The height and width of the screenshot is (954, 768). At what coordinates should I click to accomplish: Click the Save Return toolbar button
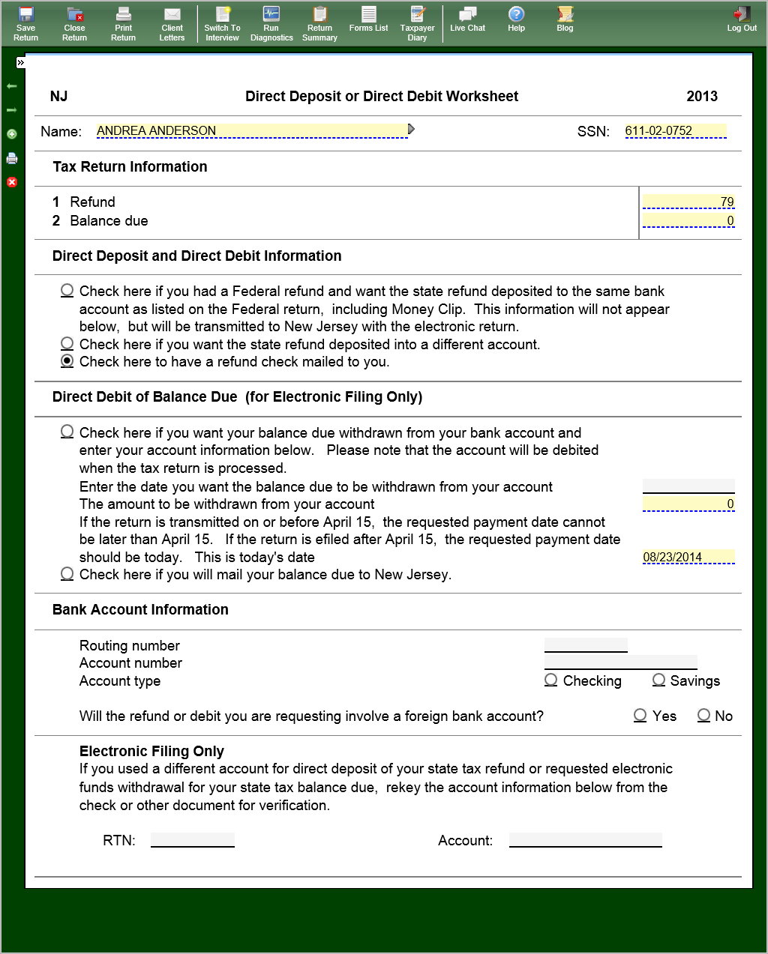pyautogui.click(x=25, y=23)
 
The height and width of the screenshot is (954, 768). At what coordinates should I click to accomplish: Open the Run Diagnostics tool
pyautogui.click(x=271, y=23)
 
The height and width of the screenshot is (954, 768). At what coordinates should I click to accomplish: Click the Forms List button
pyautogui.click(x=368, y=19)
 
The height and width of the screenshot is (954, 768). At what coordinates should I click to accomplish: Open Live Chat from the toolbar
pyautogui.click(x=467, y=19)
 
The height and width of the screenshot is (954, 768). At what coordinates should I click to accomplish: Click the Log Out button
pyautogui.click(x=742, y=19)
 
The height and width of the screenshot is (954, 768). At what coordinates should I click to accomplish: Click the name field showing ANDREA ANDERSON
pyautogui.click(x=251, y=131)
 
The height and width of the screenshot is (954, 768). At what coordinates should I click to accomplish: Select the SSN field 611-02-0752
pyautogui.click(x=675, y=131)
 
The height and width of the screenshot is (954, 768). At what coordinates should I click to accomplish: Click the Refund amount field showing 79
pyautogui.click(x=688, y=202)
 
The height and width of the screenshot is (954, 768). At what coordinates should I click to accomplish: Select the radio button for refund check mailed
pyautogui.click(x=67, y=361)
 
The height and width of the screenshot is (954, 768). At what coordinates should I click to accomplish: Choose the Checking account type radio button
pyautogui.click(x=551, y=680)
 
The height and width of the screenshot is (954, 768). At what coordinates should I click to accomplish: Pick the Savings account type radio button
pyautogui.click(x=659, y=680)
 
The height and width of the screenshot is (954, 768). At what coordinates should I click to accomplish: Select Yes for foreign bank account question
pyautogui.click(x=640, y=715)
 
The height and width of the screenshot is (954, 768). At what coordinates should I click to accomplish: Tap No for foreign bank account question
pyautogui.click(x=703, y=715)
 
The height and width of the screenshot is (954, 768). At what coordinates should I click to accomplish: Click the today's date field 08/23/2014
pyautogui.click(x=688, y=557)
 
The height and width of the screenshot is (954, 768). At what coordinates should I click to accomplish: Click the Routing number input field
pyautogui.click(x=586, y=645)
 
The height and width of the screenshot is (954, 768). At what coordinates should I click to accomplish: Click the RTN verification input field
pyautogui.click(x=193, y=840)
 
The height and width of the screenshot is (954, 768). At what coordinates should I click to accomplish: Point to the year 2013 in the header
pyautogui.click(x=702, y=96)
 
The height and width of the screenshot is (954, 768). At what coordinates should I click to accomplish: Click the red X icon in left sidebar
pyautogui.click(x=12, y=182)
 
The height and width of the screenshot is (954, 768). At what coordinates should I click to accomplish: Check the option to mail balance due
pyautogui.click(x=67, y=574)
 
